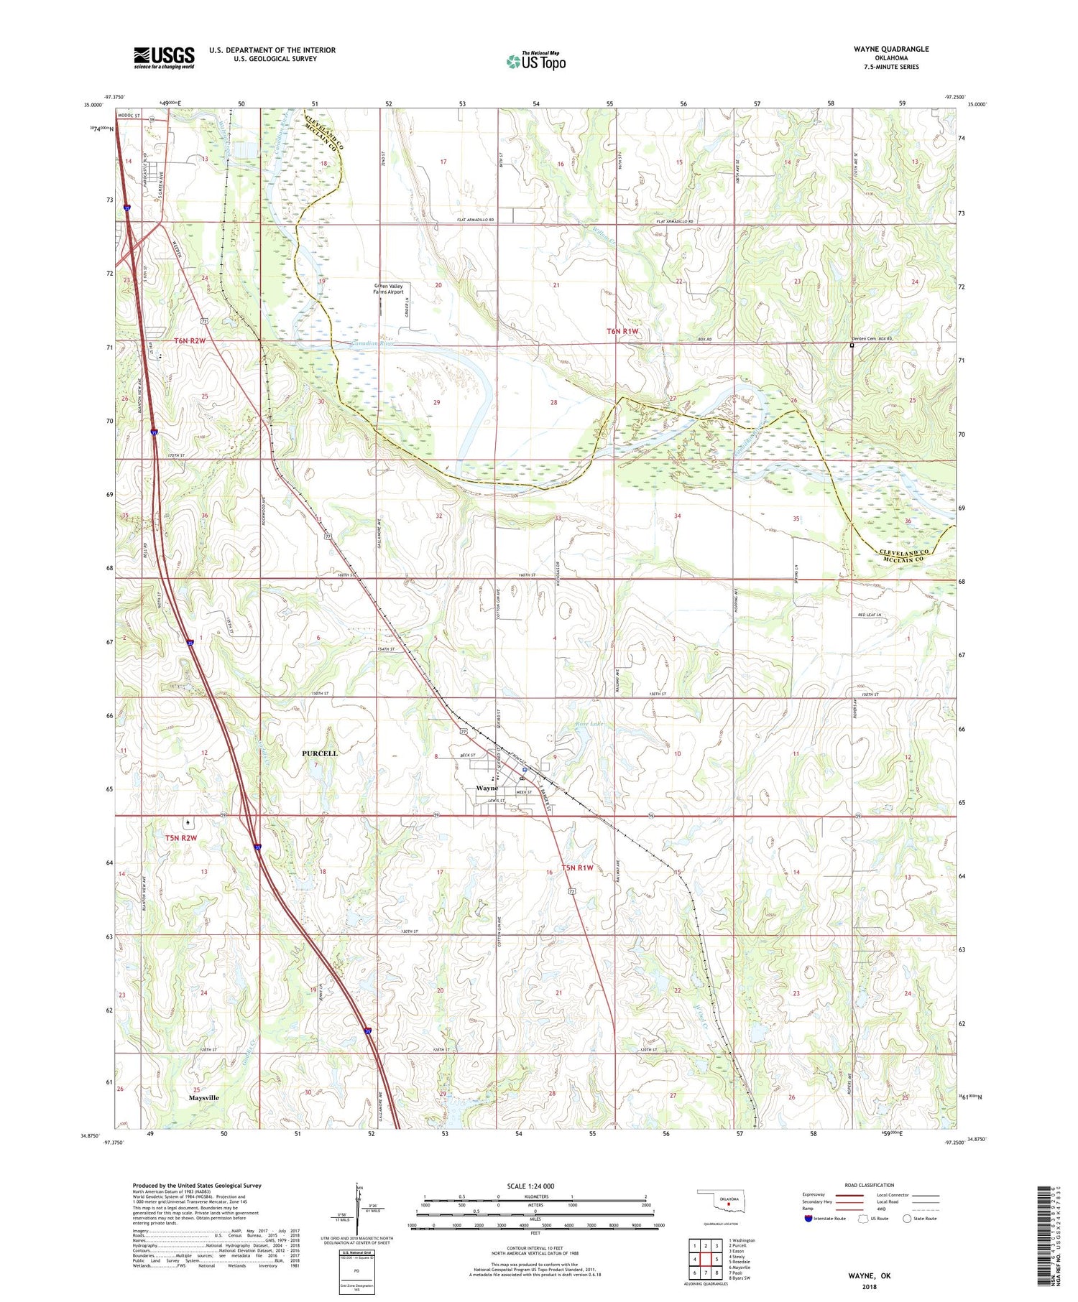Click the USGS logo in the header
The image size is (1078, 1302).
pyautogui.click(x=164, y=57)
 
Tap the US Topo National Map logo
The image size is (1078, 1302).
pyautogui.click(x=536, y=61)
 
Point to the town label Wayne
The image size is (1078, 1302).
pyautogui.click(x=487, y=789)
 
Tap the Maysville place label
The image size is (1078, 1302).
pyautogui.click(x=203, y=1098)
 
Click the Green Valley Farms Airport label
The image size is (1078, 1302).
pyautogui.click(x=388, y=289)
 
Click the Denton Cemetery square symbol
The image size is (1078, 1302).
pyautogui.click(x=852, y=345)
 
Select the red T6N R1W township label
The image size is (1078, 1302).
pyautogui.click(x=622, y=331)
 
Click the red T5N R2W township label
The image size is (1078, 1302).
pyautogui.click(x=180, y=838)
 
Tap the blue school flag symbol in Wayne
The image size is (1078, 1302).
pyautogui.click(x=525, y=769)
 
